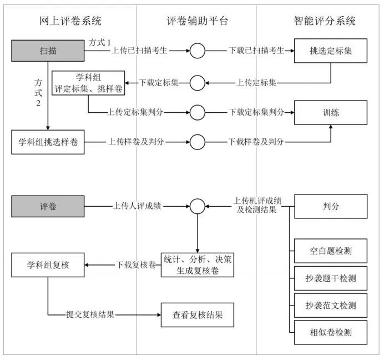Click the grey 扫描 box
point(48,51)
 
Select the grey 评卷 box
point(48,206)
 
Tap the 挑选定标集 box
point(331,51)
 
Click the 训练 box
point(331,112)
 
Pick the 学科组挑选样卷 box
point(48,142)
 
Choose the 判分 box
point(331,206)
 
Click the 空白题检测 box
point(331,251)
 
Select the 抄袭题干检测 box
point(331,278)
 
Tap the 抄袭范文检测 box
point(331,306)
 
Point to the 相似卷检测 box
point(331,333)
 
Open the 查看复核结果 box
point(197,315)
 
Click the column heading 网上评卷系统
point(70,21)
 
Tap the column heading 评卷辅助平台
point(197,21)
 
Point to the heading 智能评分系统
point(324,21)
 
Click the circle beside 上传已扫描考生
point(197,51)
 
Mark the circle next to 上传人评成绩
point(197,206)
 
